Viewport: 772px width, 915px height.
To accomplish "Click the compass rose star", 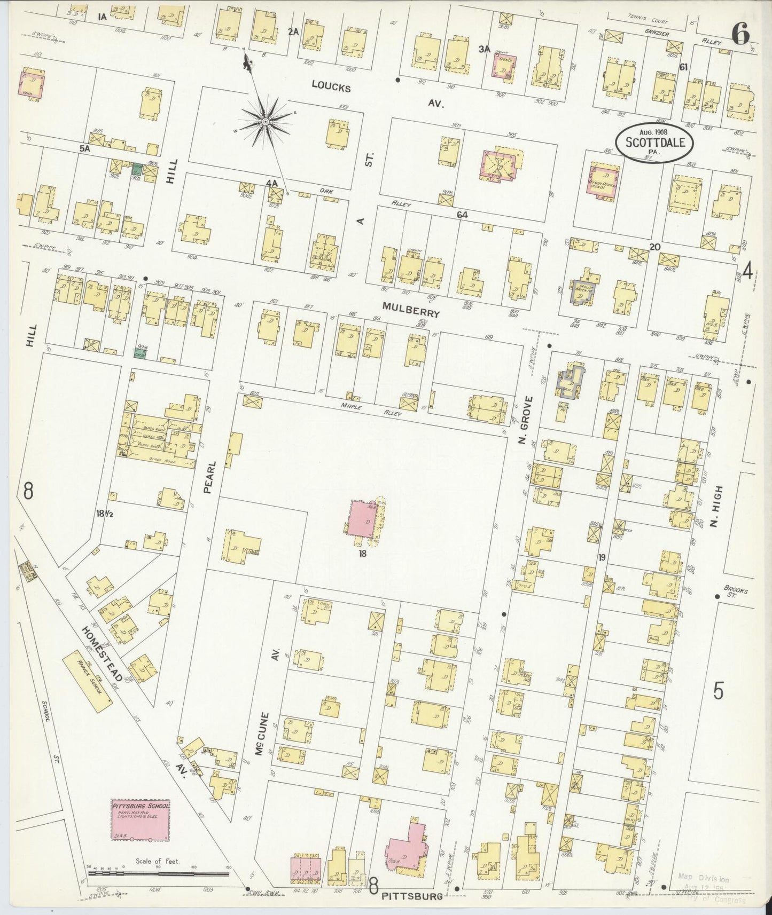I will pyautogui.click(x=265, y=123).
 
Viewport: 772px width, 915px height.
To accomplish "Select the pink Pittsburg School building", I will pyautogui.click(x=141, y=819).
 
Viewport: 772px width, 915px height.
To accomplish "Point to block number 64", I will pyautogui.click(x=462, y=215).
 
